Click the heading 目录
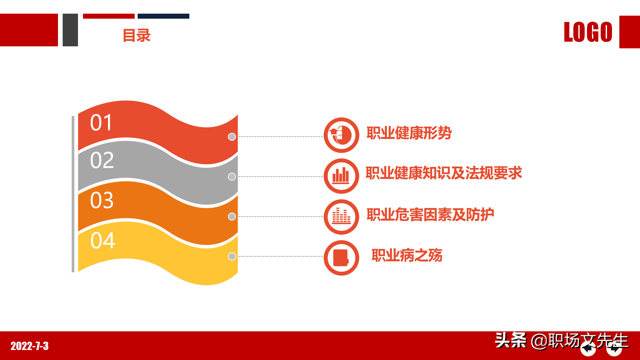[x=137, y=35]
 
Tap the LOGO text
[x=588, y=32]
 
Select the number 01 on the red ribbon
[x=101, y=123]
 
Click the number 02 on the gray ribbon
[x=102, y=160]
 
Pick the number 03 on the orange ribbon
[x=102, y=200]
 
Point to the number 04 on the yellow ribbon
[x=103, y=240]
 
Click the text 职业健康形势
[x=409, y=133]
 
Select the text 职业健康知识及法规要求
[x=444, y=173]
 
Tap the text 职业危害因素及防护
[x=430, y=215]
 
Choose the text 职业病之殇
[x=407, y=255]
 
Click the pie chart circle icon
[x=341, y=135]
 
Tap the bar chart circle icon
[x=341, y=176]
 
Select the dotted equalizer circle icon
[x=341, y=217]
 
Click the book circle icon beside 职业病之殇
[x=341, y=258]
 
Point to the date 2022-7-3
[x=30, y=346]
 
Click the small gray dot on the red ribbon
[x=232, y=137]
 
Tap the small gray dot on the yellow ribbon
[x=232, y=256]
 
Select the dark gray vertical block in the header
[x=70, y=30]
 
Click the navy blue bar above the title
[x=163, y=16]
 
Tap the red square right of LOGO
[x=629, y=32]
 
